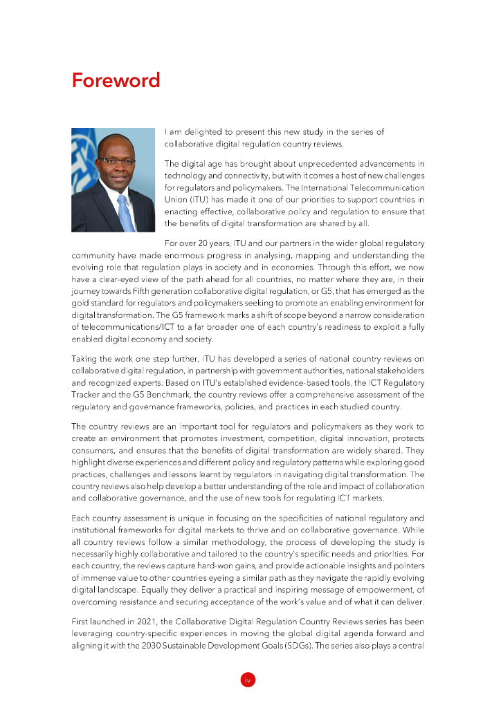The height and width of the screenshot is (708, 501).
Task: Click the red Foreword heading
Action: [116, 80]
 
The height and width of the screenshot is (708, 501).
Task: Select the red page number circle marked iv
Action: [248, 680]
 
